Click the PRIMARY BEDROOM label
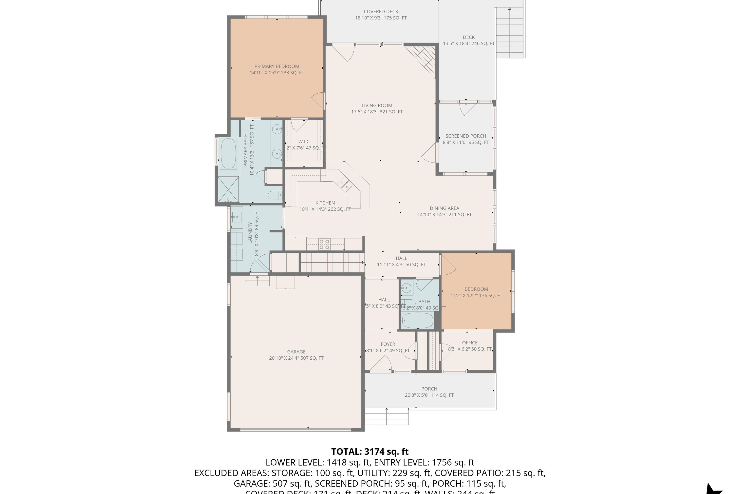[x=277, y=66]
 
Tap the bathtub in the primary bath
[x=228, y=154]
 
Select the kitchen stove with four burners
[x=324, y=245]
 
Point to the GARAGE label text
[x=296, y=351]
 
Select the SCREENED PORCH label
[x=466, y=136]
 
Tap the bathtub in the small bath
[x=418, y=320]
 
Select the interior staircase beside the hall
[x=332, y=262]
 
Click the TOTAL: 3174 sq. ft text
[x=370, y=452]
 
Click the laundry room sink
[x=237, y=217]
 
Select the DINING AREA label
[x=444, y=208]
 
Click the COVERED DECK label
[x=381, y=12]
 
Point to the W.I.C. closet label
[x=304, y=142]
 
